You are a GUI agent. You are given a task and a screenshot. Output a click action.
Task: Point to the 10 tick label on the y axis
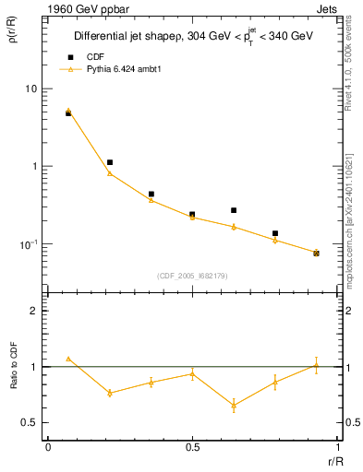pyautogui.click(x=30, y=88)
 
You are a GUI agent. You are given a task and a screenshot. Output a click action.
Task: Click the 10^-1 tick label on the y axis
pyautogui.click(x=29, y=244)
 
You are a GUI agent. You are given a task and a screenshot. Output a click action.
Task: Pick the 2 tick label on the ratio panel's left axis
pyautogui.click(x=34, y=311)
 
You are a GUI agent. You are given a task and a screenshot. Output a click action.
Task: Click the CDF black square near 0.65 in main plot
pyautogui.click(x=234, y=210)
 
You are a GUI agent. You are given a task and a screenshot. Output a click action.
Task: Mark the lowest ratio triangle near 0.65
pyautogui.click(x=234, y=405)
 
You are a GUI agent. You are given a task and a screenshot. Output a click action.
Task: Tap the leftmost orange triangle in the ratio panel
pyautogui.click(x=68, y=358)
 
